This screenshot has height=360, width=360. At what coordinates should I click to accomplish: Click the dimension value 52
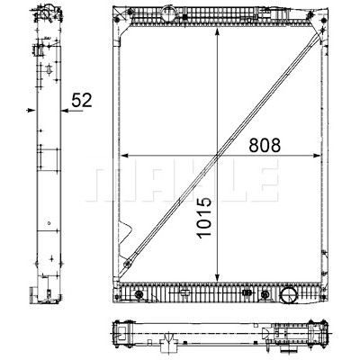82,100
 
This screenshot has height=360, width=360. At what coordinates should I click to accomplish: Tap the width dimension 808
265,145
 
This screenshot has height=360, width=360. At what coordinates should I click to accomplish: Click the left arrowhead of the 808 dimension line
124,156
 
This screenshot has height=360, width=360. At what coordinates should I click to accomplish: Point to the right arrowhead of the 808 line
317,156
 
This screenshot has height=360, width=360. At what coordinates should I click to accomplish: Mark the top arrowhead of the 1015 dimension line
217,32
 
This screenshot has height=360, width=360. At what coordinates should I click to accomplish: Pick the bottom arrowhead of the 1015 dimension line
217,278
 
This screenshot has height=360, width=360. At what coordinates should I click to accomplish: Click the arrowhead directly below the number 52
65,111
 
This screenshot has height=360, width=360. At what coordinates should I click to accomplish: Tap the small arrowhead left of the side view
31,111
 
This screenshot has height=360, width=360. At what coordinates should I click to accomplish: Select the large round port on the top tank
168,13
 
